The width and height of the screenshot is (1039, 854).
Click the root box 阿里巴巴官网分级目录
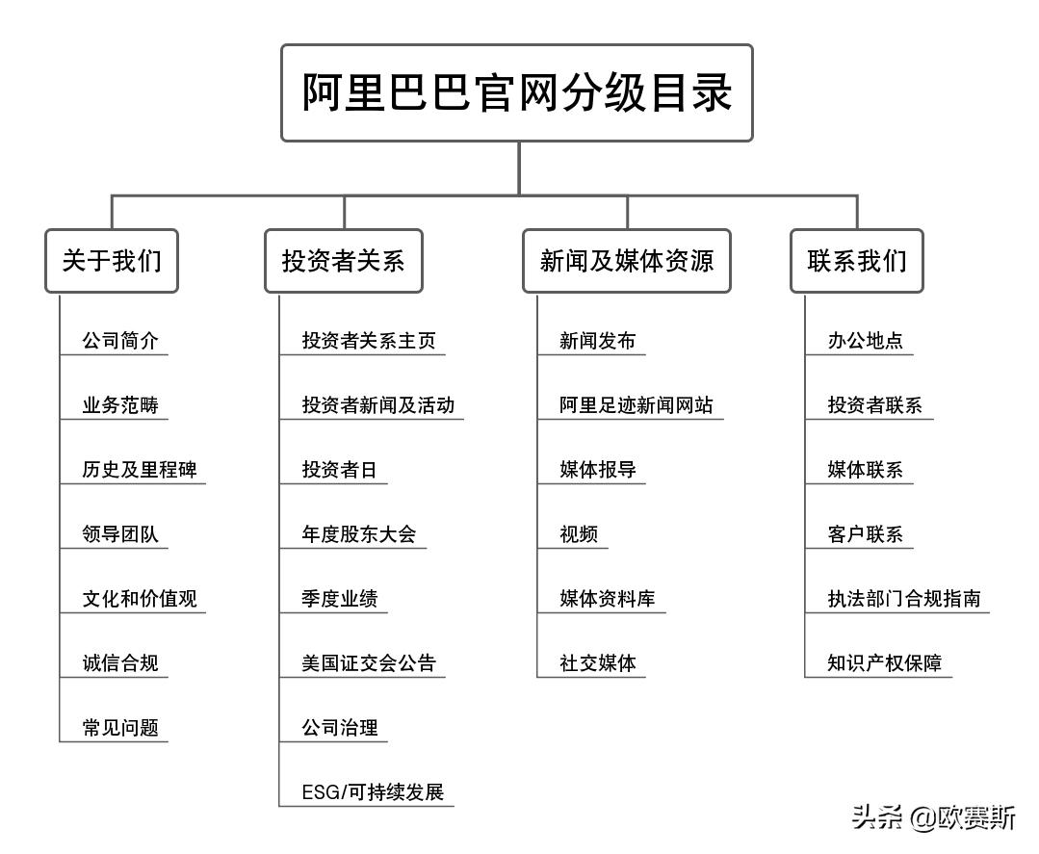(516, 92)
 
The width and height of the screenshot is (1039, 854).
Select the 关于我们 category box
(112, 260)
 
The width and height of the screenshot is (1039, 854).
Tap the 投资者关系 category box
(343, 260)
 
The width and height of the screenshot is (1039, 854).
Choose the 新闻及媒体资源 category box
(626, 260)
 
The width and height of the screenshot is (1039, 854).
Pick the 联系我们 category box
(856, 260)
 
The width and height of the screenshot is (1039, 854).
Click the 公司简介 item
(120, 341)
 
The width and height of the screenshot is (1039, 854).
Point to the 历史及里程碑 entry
(140, 470)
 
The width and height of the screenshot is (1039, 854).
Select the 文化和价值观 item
(140, 598)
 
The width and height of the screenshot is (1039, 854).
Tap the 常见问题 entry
(120, 727)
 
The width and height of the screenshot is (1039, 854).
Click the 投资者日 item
(339, 470)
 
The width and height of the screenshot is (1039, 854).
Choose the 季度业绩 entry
(339, 598)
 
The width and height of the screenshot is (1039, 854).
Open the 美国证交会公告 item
(368, 662)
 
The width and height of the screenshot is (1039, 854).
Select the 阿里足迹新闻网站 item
(636, 405)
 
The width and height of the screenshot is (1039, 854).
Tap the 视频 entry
(579, 534)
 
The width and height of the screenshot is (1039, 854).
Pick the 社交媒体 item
(598, 662)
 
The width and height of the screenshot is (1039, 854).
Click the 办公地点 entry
(865, 341)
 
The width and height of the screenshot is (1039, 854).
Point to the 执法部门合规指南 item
(903, 598)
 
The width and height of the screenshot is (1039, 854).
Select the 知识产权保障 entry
(884, 662)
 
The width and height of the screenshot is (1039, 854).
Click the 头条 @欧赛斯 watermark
(933, 818)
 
